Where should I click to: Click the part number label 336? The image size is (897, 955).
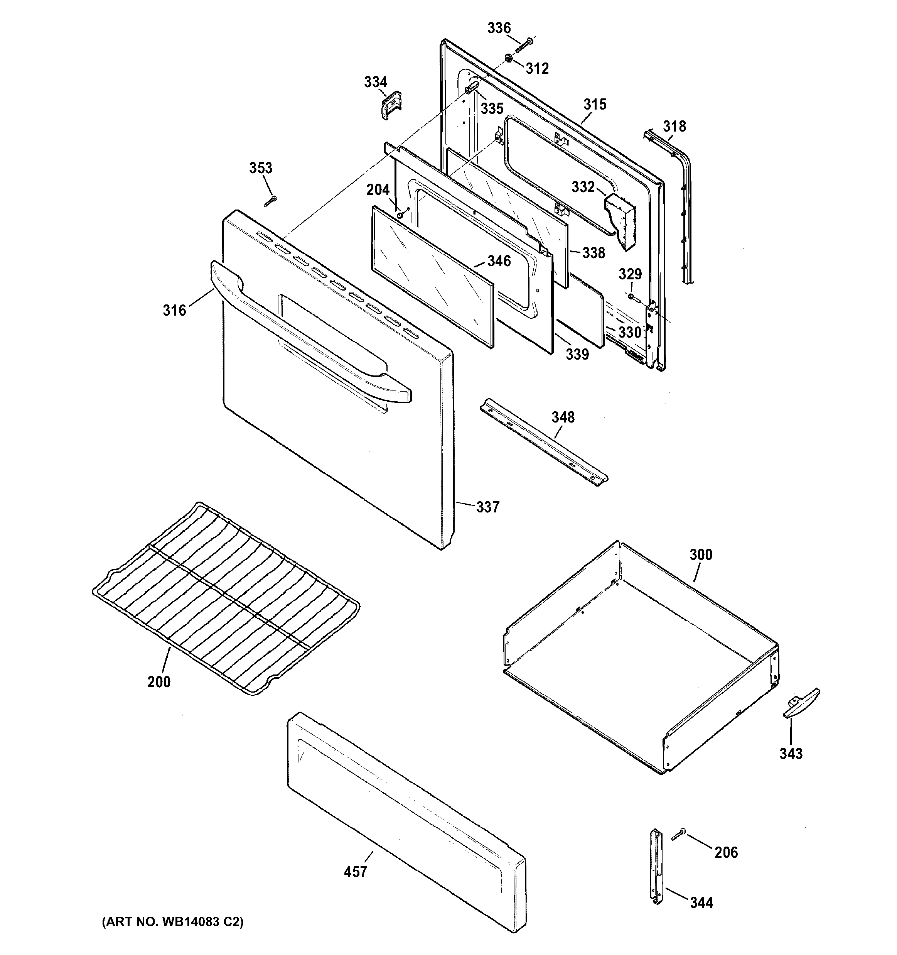point(499,28)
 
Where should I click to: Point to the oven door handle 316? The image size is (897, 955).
point(307,331)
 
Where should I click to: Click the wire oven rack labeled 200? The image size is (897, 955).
point(226,598)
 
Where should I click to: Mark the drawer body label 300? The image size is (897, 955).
point(701,554)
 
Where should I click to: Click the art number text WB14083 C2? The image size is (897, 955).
point(172,922)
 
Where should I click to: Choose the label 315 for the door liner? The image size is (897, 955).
point(595,104)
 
